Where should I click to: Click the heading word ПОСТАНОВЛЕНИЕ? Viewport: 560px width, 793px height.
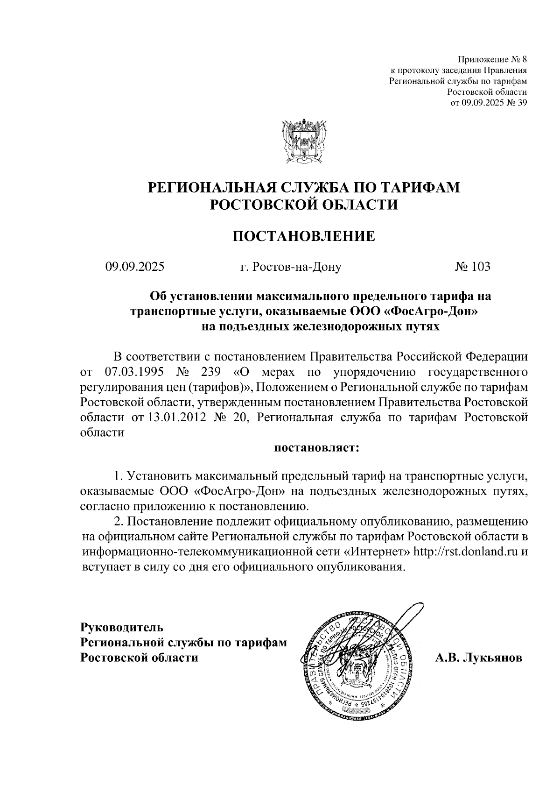[304, 236]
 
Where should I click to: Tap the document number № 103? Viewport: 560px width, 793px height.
[473, 267]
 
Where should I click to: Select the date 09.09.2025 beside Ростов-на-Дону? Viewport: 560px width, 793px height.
[135, 267]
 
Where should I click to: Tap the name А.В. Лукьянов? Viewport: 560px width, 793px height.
[478, 658]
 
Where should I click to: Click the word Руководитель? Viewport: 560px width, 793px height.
[122, 626]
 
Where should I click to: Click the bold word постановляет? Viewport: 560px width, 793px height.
[316, 447]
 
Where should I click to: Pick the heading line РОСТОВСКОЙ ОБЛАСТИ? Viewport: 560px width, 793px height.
[304, 205]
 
